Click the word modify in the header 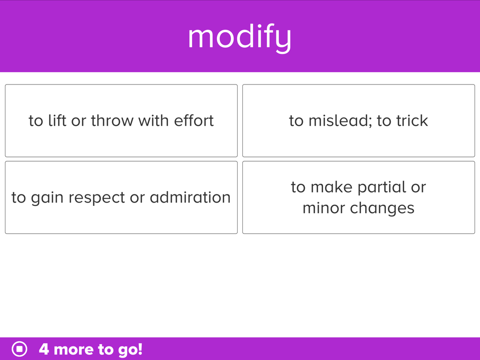(240, 38)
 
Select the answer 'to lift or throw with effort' (121, 120)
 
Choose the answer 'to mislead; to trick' (359, 120)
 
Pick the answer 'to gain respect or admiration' (121, 197)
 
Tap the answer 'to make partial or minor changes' (359, 197)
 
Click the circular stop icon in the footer (20, 348)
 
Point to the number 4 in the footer (44, 349)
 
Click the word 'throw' (112, 120)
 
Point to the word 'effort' (194, 120)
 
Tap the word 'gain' (48, 198)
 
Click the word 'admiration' (190, 197)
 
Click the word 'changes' (383, 208)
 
